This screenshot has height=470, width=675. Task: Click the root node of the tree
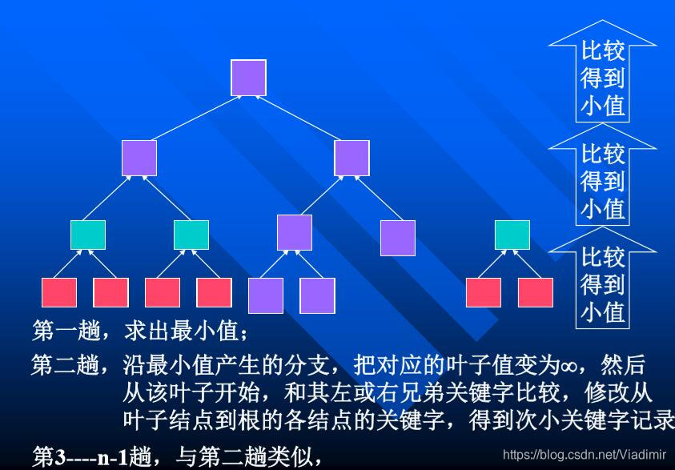pyautogui.click(x=248, y=78)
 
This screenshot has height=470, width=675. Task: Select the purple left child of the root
pyautogui.click(x=139, y=158)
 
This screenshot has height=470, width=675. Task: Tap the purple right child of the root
pyautogui.click(x=352, y=158)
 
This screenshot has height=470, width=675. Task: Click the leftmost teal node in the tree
pyautogui.click(x=88, y=234)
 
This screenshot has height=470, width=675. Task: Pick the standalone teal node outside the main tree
pyautogui.click(x=512, y=234)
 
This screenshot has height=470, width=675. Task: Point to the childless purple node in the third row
pyautogui.click(x=398, y=238)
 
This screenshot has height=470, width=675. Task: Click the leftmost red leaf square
pyautogui.click(x=59, y=292)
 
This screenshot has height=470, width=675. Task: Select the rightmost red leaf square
pyautogui.click(x=536, y=292)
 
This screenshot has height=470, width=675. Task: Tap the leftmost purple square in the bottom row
pyautogui.click(x=266, y=295)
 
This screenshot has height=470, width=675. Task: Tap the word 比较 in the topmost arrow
pyautogui.click(x=603, y=51)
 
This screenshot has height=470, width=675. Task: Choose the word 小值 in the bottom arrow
pyautogui.click(x=603, y=311)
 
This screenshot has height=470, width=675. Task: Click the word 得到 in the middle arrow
pyautogui.click(x=603, y=181)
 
